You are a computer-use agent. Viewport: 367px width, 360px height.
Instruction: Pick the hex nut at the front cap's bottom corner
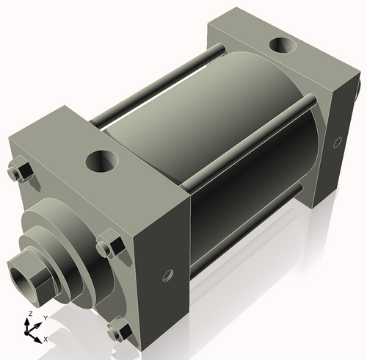[x=117, y=331]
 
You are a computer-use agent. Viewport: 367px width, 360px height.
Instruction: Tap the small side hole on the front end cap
[x=167, y=276]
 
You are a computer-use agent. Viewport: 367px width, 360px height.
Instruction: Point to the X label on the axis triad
[x=46, y=339]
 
